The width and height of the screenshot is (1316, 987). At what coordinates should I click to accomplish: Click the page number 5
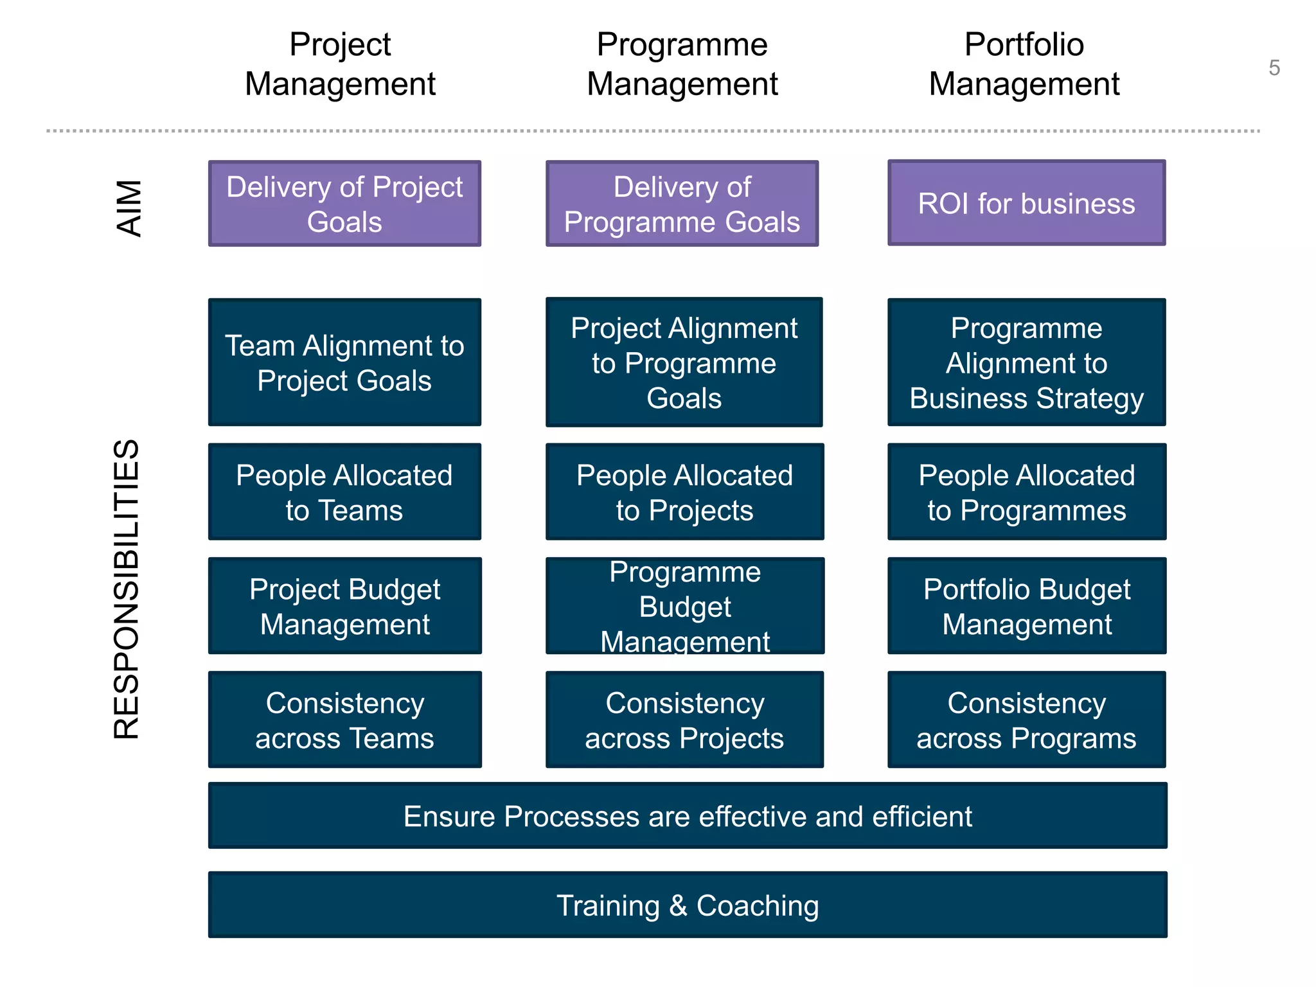click(x=1274, y=68)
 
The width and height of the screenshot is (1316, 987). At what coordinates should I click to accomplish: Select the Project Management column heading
click(x=340, y=64)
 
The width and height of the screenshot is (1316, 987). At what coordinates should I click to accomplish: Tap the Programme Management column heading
click(x=682, y=64)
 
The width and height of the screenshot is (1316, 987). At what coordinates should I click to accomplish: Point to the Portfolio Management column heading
click(x=1024, y=64)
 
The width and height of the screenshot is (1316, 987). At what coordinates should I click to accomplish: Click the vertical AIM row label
click(x=129, y=208)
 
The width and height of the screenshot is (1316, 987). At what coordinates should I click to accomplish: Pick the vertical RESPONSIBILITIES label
click(x=127, y=589)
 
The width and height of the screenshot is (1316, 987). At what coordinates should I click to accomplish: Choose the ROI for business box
click(x=1026, y=203)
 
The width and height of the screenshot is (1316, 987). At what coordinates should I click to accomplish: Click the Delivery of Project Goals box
click(x=344, y=204)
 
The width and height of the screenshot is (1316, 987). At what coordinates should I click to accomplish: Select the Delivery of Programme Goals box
click(x=682, y=204)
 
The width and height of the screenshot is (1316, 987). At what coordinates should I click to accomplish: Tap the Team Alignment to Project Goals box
click(x=344, y=362)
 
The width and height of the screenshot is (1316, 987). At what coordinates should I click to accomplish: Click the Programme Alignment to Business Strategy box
click(x=1026, y=362)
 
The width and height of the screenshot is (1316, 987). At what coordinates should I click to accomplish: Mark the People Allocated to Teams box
click(x=344, y=492)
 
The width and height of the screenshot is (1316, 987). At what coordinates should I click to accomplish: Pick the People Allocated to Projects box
click(x=684, y=492)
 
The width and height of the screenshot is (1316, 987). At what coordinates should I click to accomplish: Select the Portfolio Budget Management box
click(x=1026, y=606)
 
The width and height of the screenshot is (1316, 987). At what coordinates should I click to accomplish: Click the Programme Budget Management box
click(x=684, y=606)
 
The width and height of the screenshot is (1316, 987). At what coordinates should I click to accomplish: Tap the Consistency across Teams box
click(x=344, y=720)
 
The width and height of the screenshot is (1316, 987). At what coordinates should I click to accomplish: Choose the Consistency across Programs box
click(x=1026, y=720)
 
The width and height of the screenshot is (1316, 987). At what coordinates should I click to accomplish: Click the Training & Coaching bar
click(x=688, y=905)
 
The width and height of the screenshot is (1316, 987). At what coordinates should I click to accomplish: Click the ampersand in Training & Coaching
click(x=678, y=905)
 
